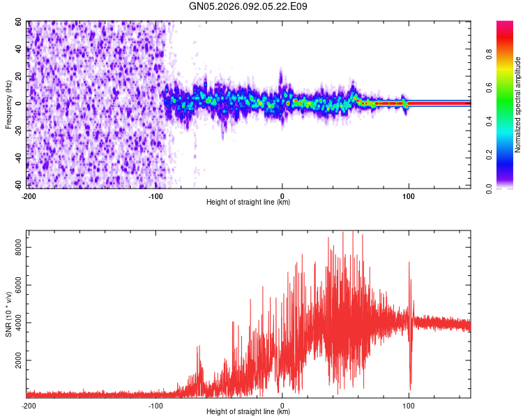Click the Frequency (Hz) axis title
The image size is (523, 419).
9,104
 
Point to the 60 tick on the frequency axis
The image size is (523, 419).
19,22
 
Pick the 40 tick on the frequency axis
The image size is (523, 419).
19,50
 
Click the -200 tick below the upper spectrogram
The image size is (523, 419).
29,196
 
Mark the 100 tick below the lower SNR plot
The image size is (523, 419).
409,405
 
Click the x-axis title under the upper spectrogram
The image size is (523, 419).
248,203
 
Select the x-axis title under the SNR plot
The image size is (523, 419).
248,412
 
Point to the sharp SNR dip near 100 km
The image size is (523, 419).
411,386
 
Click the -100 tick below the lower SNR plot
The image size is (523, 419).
156,405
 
